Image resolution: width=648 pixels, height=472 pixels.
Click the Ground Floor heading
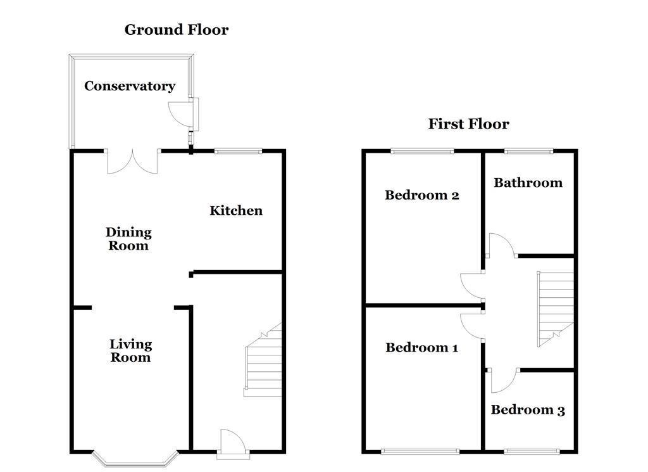(177, 30)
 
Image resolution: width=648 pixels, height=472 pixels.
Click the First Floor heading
(469, 124)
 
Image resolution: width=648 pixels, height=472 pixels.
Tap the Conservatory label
(130, 86)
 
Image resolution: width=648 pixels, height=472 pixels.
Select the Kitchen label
(236, 210)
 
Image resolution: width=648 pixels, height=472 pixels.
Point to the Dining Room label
(128, 239)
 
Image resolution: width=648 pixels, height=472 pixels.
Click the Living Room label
(130, 350)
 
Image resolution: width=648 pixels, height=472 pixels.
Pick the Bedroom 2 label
(422, 195)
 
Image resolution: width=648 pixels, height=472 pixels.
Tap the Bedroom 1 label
(422, 347)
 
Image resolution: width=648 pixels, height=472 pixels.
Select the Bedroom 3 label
(528, 410)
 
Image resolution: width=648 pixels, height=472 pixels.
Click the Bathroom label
(528, 182)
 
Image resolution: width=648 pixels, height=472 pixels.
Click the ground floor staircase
(263, 360)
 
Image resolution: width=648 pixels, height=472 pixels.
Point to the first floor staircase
(556, 309)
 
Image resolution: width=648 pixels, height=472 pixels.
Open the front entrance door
(233, 444)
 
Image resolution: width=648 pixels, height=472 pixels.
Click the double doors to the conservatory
(133, 162)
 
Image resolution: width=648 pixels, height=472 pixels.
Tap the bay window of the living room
(135, 459)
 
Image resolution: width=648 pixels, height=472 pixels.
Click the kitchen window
(238, 151)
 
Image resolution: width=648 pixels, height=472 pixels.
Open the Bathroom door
(501, 245)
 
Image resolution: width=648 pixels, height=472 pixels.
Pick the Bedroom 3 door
(503, 380)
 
